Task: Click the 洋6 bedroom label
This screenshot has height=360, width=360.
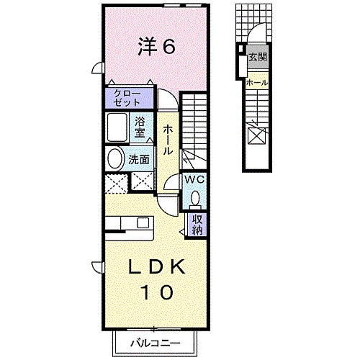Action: click(x=157, y=48)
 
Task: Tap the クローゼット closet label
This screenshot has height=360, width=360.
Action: click(x=130, y=98)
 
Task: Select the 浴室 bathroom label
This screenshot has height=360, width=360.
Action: click(x=141, y=127)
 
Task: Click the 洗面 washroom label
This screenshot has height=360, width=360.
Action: click(x=140, y=160)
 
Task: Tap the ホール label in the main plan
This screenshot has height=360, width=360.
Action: click(x=167, y=139)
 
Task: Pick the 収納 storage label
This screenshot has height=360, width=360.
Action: click(x=196, y=224)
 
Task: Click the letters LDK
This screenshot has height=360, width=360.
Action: click(x=156, y=266)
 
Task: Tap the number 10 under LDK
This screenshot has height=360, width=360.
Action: click(x=156, y=292)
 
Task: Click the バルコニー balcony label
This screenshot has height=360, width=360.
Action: click(x=156, y=343)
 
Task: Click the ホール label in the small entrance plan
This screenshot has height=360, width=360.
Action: click(x=257, y=83)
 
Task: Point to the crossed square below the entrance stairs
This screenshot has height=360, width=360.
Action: click(x=257, y=135)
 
